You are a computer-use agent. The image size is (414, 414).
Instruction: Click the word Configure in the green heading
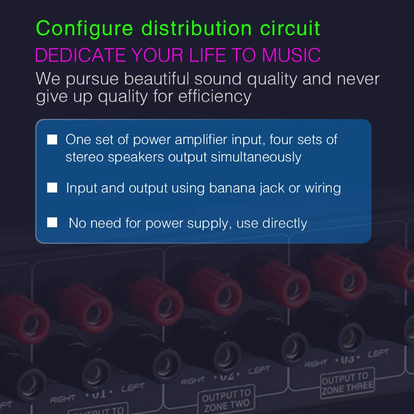85,29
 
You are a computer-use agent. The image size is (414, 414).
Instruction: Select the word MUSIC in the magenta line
291,55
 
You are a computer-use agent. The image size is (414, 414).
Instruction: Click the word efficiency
215,96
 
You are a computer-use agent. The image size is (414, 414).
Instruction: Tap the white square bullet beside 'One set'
52,140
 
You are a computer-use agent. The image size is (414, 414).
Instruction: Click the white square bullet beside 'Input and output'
52,188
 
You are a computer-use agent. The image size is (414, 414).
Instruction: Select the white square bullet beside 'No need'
52,223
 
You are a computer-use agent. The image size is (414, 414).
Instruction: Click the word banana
232,188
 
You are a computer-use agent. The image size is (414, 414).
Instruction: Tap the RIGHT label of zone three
316,363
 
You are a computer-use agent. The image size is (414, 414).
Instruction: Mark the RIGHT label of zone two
193,380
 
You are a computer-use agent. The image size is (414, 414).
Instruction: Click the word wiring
323,188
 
